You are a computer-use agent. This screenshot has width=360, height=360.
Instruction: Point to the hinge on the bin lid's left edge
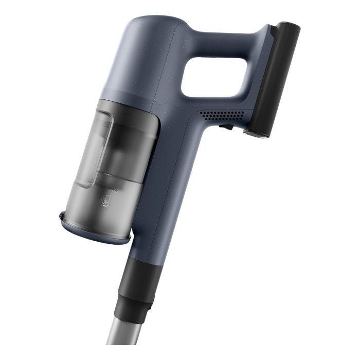point(62,215)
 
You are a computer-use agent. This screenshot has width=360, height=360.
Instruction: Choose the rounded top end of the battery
point(289,26)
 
